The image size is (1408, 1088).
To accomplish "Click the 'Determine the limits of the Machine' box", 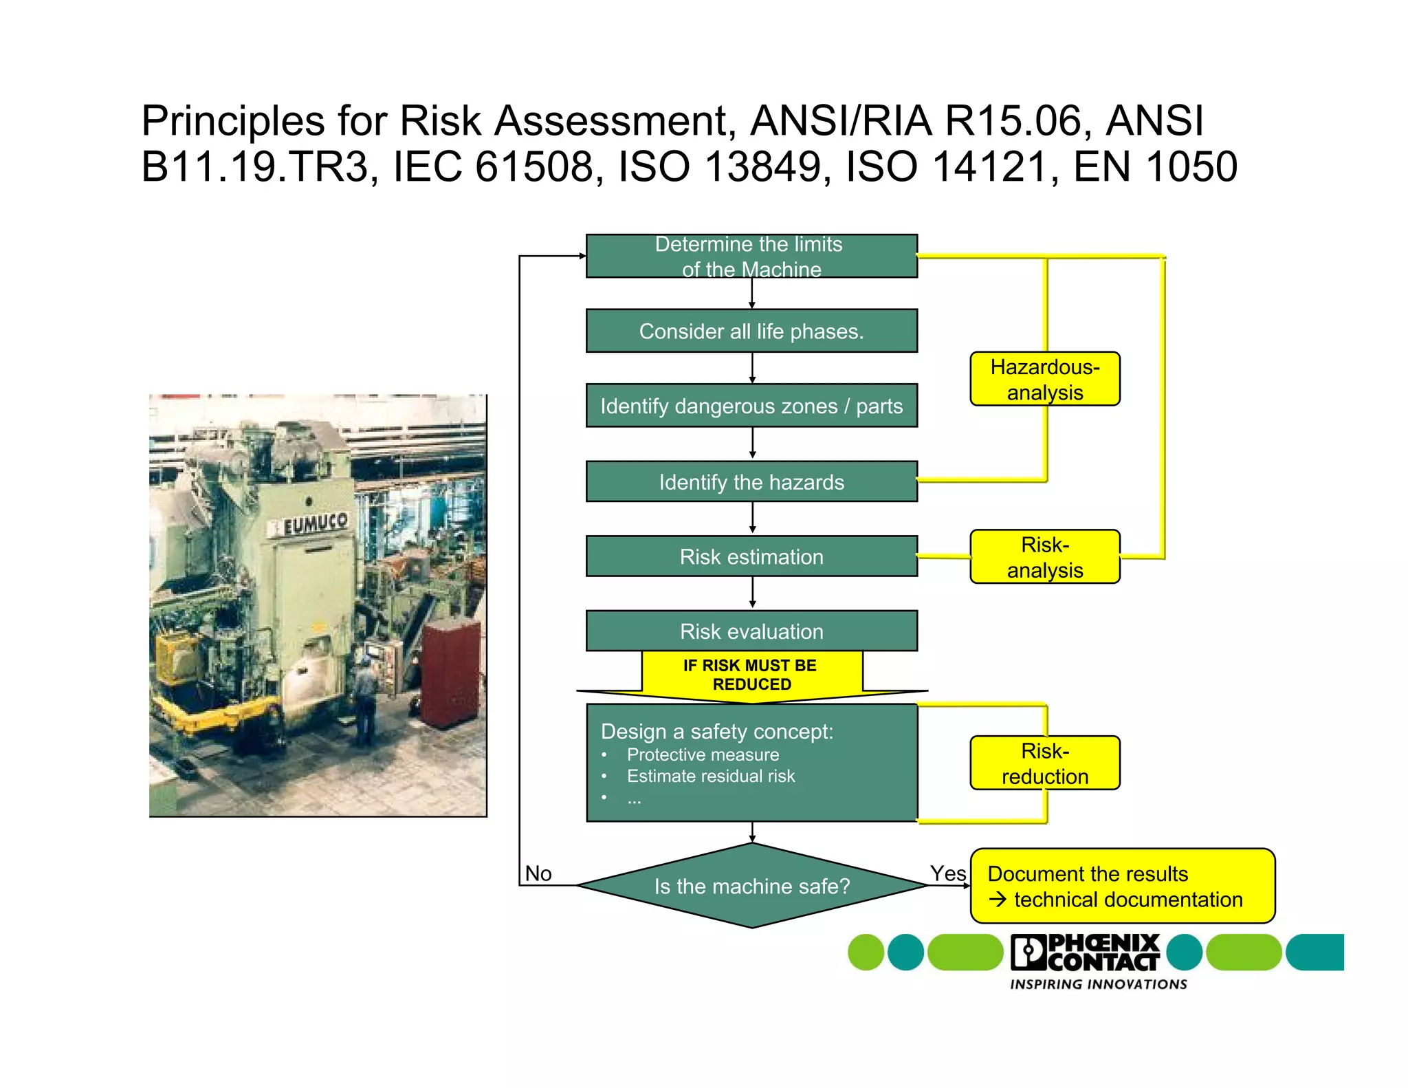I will coord(751,256).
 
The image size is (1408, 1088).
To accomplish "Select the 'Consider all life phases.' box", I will coord(751,331).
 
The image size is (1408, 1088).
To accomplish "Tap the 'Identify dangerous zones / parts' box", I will coord(751,406).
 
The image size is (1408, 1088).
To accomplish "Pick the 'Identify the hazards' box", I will coord(751,481).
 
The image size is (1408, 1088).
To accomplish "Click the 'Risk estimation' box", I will coord(751,556).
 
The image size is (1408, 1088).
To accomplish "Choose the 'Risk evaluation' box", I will coord(751,631).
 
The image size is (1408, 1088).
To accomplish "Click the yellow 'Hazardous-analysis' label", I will coord(1044,379).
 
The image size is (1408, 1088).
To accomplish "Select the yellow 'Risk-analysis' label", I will coord(1044,557).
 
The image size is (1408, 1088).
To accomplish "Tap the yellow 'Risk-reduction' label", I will coord(1044,763).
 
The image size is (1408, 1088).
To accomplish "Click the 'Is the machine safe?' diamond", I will coord(751,886).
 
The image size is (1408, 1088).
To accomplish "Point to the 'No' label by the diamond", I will coord(538,873).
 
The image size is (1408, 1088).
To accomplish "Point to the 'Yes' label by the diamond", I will coord(947,873).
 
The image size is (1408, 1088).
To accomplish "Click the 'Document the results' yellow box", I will coord(1121,886).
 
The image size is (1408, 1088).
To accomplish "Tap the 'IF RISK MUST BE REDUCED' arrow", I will coord(751,675).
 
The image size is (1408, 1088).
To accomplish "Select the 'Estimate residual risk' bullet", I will coord(710,776).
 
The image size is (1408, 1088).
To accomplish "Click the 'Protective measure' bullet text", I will coord(703,754).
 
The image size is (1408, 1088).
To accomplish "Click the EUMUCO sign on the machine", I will coord(316,524).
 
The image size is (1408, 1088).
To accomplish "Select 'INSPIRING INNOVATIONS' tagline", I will coord(1098,984).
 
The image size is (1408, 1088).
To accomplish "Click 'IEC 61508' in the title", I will coord(492,166).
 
